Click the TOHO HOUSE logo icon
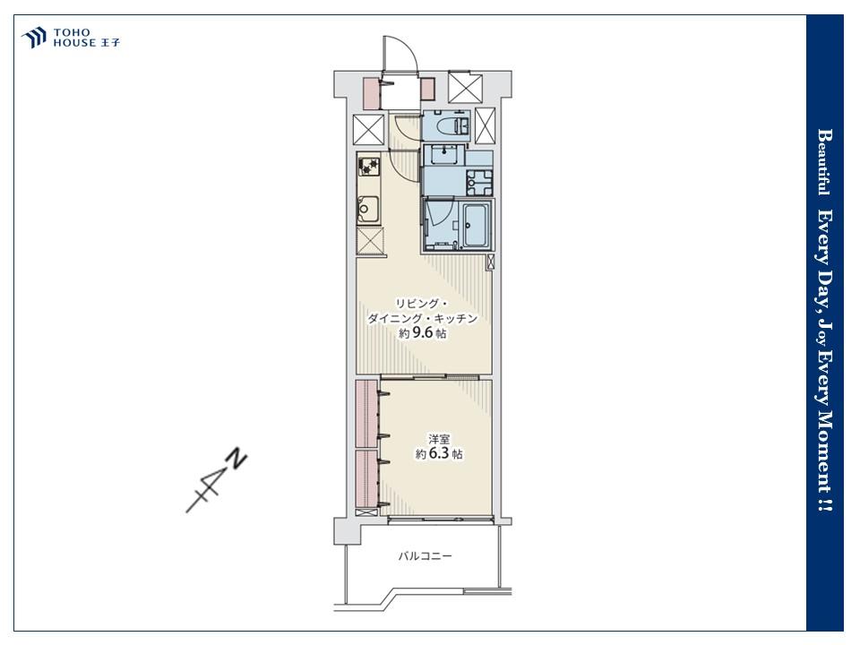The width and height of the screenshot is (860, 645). click(x=33, y=38)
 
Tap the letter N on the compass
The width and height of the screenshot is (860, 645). click(x=236, y=459)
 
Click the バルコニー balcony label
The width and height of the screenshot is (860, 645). click(x=425, y=556)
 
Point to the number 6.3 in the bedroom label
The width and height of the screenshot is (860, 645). click(x=439, y=453)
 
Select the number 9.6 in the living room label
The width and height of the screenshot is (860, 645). click(x=422, y=332)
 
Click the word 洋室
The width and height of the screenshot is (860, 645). click(x=439, y=439)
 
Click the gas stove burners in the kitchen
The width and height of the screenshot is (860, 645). click(x=368, y=167)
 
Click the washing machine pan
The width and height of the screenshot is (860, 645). click(x=478, y=182)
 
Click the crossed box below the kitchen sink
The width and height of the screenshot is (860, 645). click(x=370, y=241)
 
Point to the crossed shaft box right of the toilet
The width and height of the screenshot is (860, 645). click(x=485, y=125)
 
